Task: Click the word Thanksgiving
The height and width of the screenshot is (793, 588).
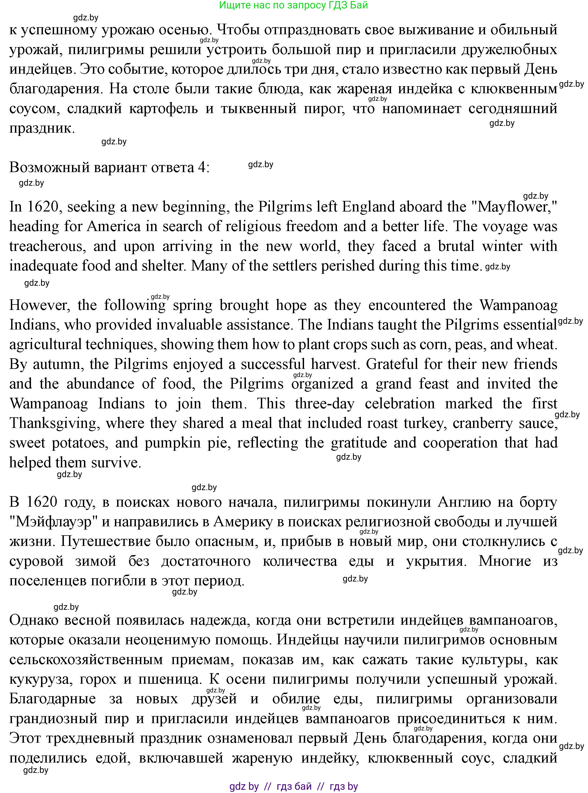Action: (x=54, y=423)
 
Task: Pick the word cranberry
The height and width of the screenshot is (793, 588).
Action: (x=482, y=423)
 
